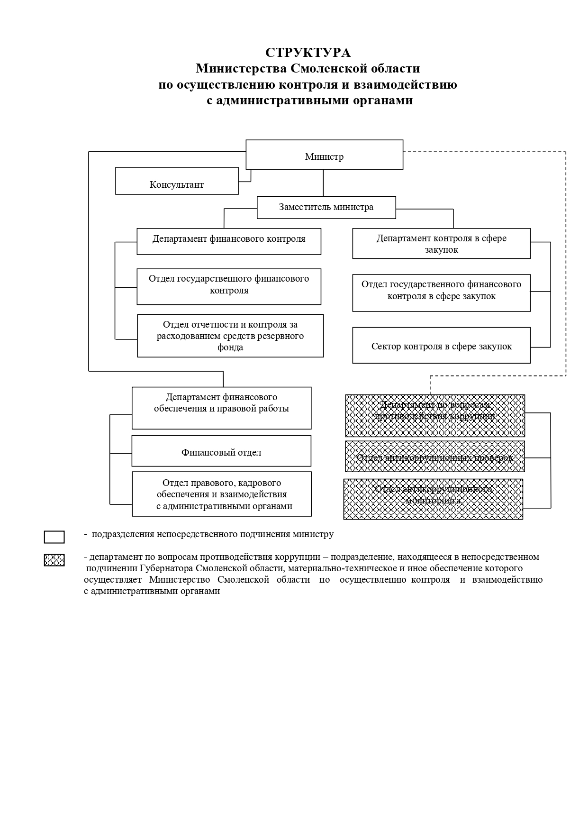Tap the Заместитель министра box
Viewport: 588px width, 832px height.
coord(326,207)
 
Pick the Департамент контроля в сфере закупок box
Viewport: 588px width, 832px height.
coord(441,244)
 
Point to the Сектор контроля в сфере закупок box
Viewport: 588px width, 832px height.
coord(441,346)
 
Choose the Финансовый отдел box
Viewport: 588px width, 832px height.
coord(221,451)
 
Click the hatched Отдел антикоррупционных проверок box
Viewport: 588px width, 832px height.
coord(434,457)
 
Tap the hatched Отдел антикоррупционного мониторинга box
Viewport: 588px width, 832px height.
coord(433,499)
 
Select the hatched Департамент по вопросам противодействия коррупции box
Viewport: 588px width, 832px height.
coord(434,415)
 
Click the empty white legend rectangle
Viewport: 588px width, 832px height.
coord(54,537)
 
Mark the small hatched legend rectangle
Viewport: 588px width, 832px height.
coord(54,560)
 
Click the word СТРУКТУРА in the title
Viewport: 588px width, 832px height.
coord(308,52)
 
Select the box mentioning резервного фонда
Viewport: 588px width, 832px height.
coord(230,336)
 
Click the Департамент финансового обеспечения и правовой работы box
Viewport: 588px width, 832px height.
coord(221,408)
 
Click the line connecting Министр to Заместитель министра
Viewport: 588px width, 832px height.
coord(324,183)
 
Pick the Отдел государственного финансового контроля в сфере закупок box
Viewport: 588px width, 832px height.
coord(441,293)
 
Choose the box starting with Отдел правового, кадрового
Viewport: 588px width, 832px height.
coord(222,494)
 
